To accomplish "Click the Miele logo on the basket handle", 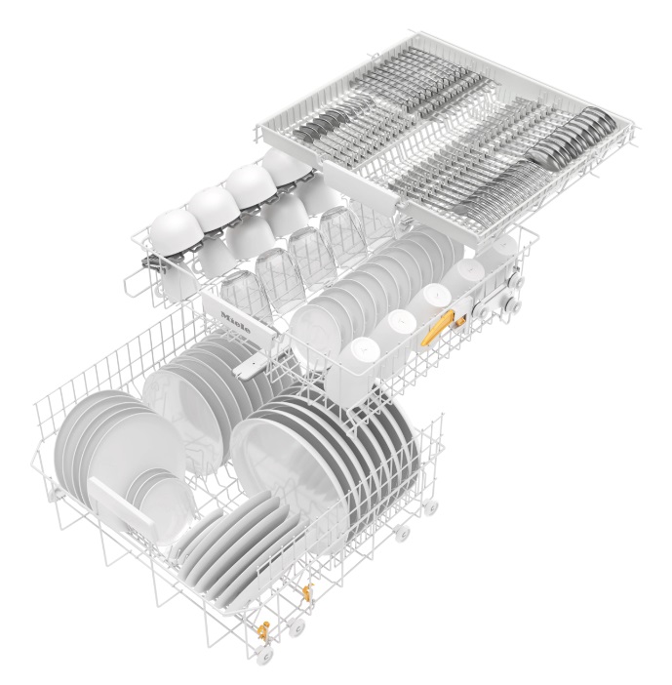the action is click(236, 322).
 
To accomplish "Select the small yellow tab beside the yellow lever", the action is click(460, 321).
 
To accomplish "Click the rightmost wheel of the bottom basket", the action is click(430, 507).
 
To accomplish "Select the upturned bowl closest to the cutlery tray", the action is click(287, 167).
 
